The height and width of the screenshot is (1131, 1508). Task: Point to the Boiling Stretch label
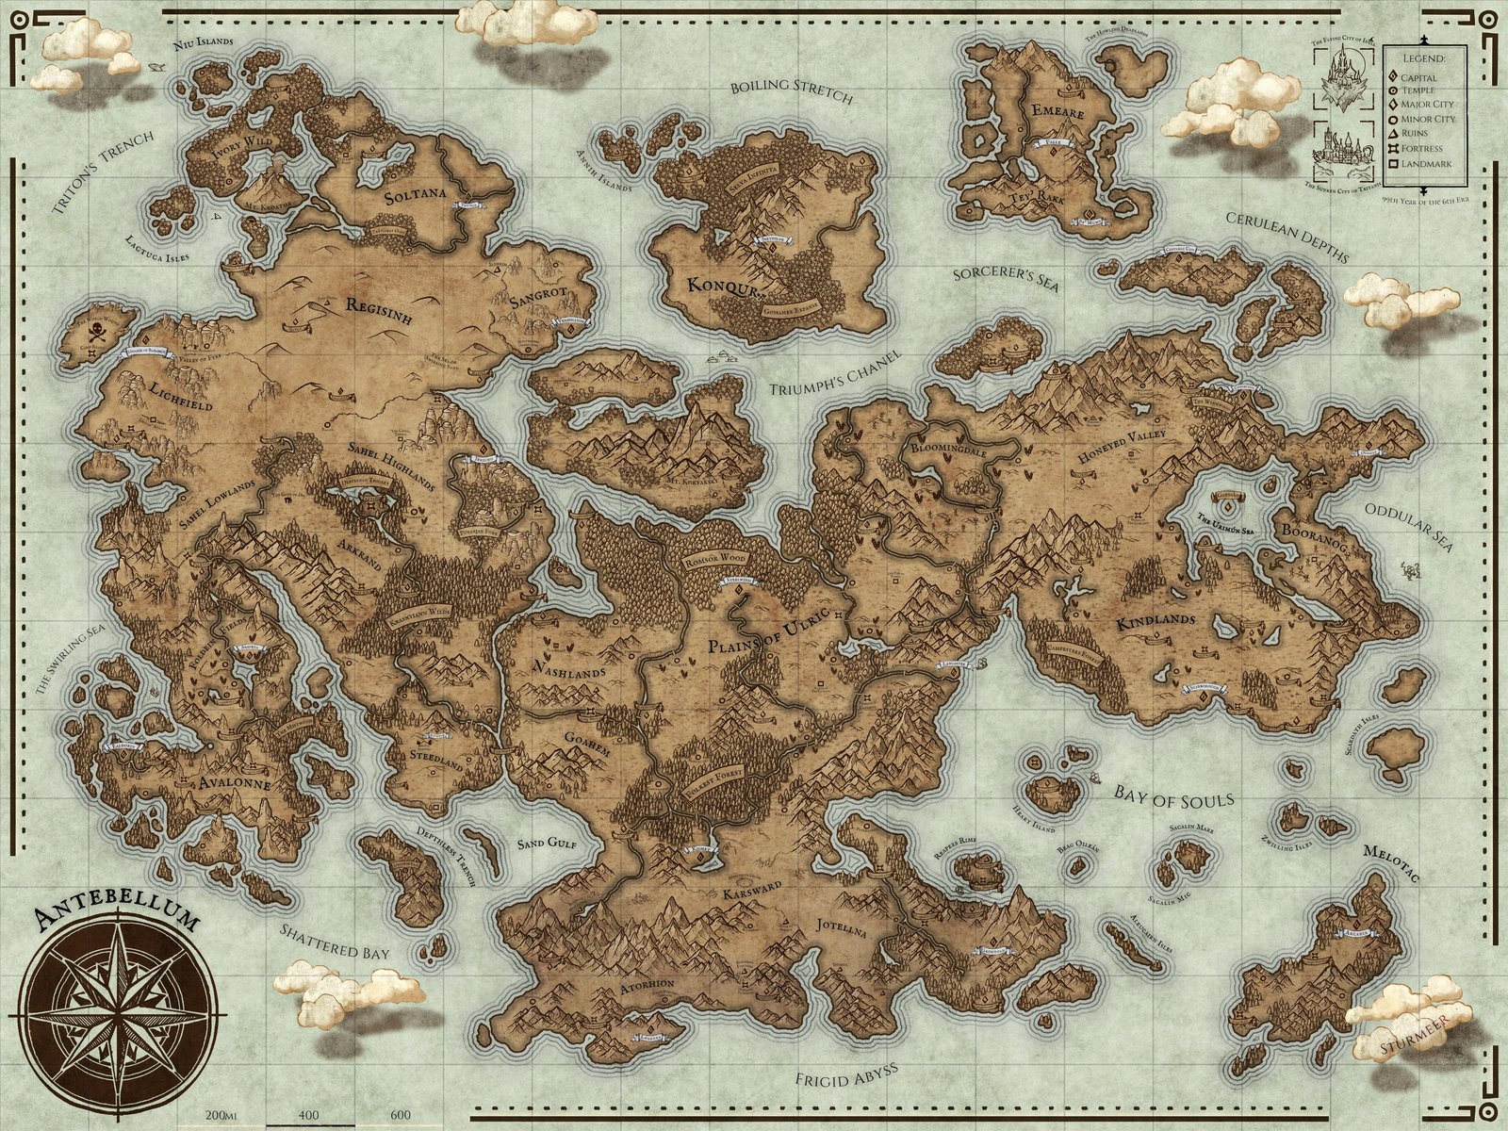(x=792, y=91)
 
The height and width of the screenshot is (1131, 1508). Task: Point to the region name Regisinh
(x=379, y=311)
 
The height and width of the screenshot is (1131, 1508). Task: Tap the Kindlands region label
(x=1156, y=622)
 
